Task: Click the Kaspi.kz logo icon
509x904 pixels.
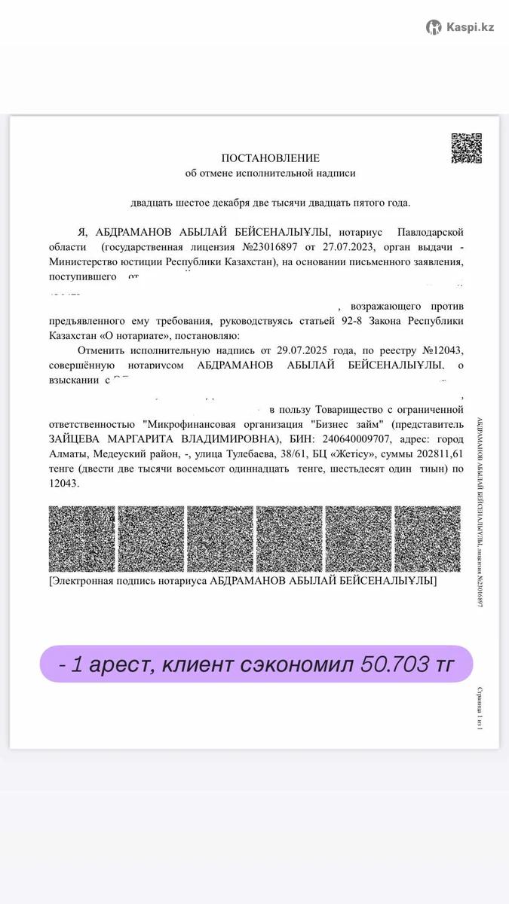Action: (434, 28)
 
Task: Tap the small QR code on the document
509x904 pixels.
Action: (466, 148)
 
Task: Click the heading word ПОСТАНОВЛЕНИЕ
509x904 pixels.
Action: (270, 158)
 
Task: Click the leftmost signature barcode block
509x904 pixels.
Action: (81, 539)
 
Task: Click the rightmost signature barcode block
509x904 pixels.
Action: (428, 539)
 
